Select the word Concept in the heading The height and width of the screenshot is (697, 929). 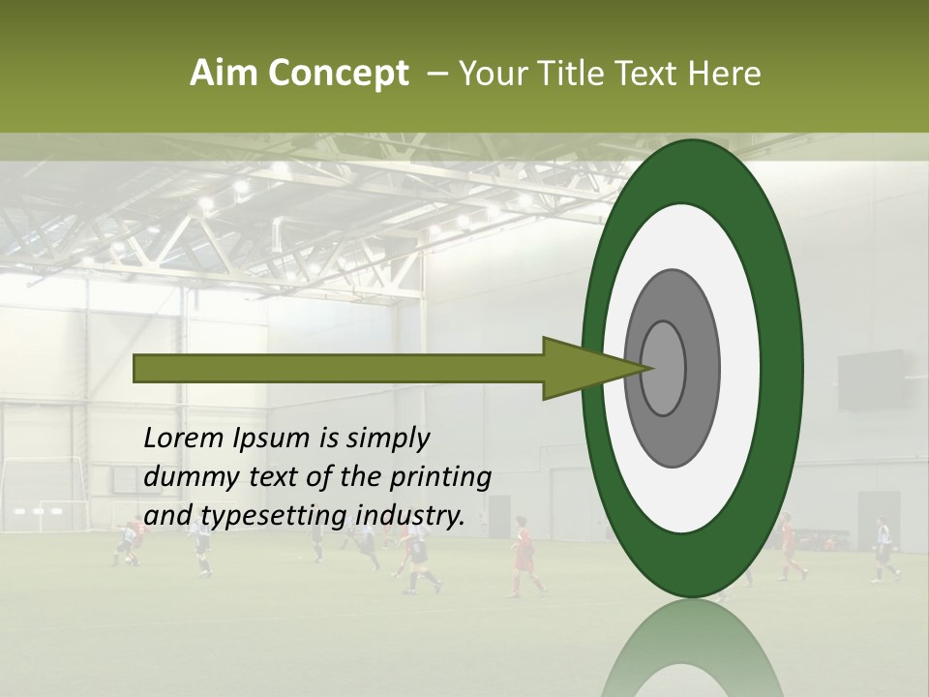[x=339, y=74]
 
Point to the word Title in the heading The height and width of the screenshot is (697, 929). [x=572, y=74]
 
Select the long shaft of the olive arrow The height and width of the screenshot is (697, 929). [x=339, y=368]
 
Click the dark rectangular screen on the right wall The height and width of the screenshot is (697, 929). [x=871, y=379]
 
